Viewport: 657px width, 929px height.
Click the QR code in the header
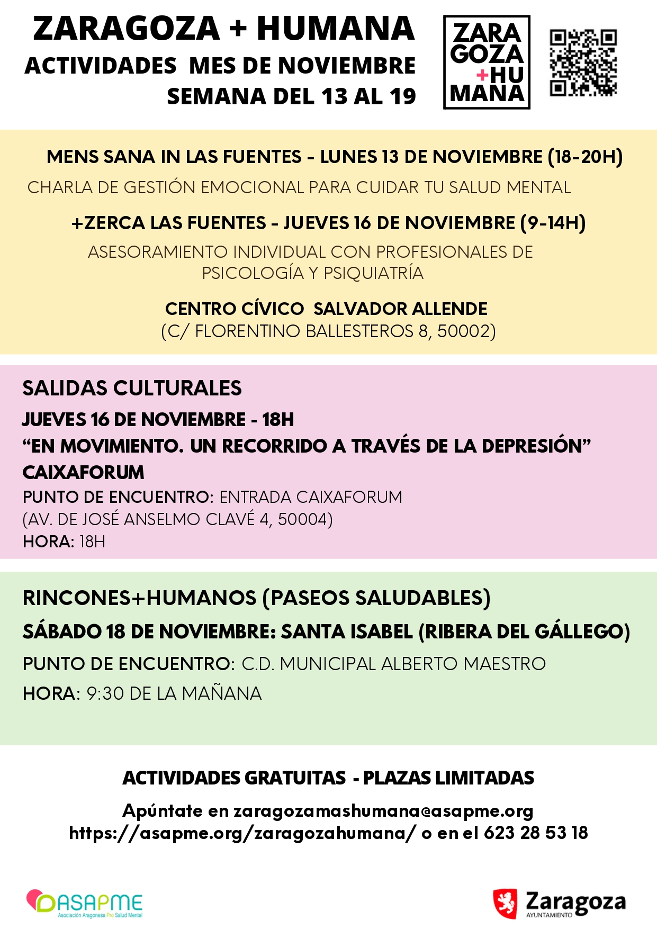coord(583,63)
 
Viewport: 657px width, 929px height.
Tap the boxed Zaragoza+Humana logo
coord(487,62)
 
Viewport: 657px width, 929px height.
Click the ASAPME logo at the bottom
coord(85,904)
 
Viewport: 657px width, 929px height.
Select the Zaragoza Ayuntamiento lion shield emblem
coord(505,903)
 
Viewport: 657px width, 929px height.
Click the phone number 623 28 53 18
coord(536,833)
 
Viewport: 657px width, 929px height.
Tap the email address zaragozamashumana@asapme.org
coord(383,810)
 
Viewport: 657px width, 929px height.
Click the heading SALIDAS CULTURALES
coord(132,388)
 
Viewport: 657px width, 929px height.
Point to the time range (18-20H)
coord(585,157)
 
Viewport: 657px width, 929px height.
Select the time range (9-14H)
coord(553,223)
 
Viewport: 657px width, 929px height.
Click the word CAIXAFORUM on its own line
coord(83,472)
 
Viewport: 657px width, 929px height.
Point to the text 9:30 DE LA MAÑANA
coord(174,693)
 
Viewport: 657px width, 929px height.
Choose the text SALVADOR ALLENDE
coord(400,309)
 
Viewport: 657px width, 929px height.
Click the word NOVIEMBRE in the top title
coord(347,66)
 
